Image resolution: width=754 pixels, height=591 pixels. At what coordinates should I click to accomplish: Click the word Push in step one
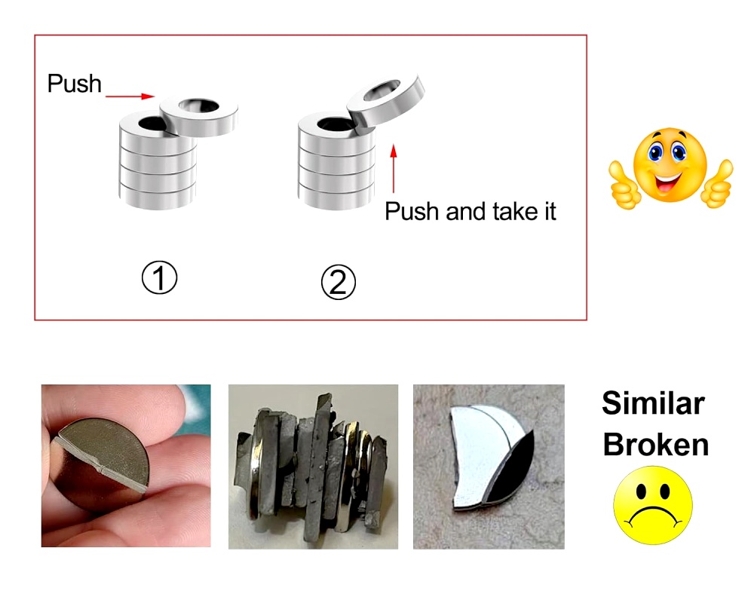coord(74,83)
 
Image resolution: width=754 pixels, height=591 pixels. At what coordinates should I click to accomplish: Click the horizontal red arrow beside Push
coord(130,96)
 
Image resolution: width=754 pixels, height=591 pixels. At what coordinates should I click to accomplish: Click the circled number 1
coord(159,279)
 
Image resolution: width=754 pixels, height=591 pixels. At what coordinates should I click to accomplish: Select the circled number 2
coord(338,283)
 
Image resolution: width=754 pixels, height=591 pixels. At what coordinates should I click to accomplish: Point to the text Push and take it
coord(470,212)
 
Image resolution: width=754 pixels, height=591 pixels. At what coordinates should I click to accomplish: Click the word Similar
coord(653,404)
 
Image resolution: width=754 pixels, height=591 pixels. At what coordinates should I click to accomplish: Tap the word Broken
coord(656,444)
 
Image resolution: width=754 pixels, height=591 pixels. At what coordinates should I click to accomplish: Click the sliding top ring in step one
coord(199,116)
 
